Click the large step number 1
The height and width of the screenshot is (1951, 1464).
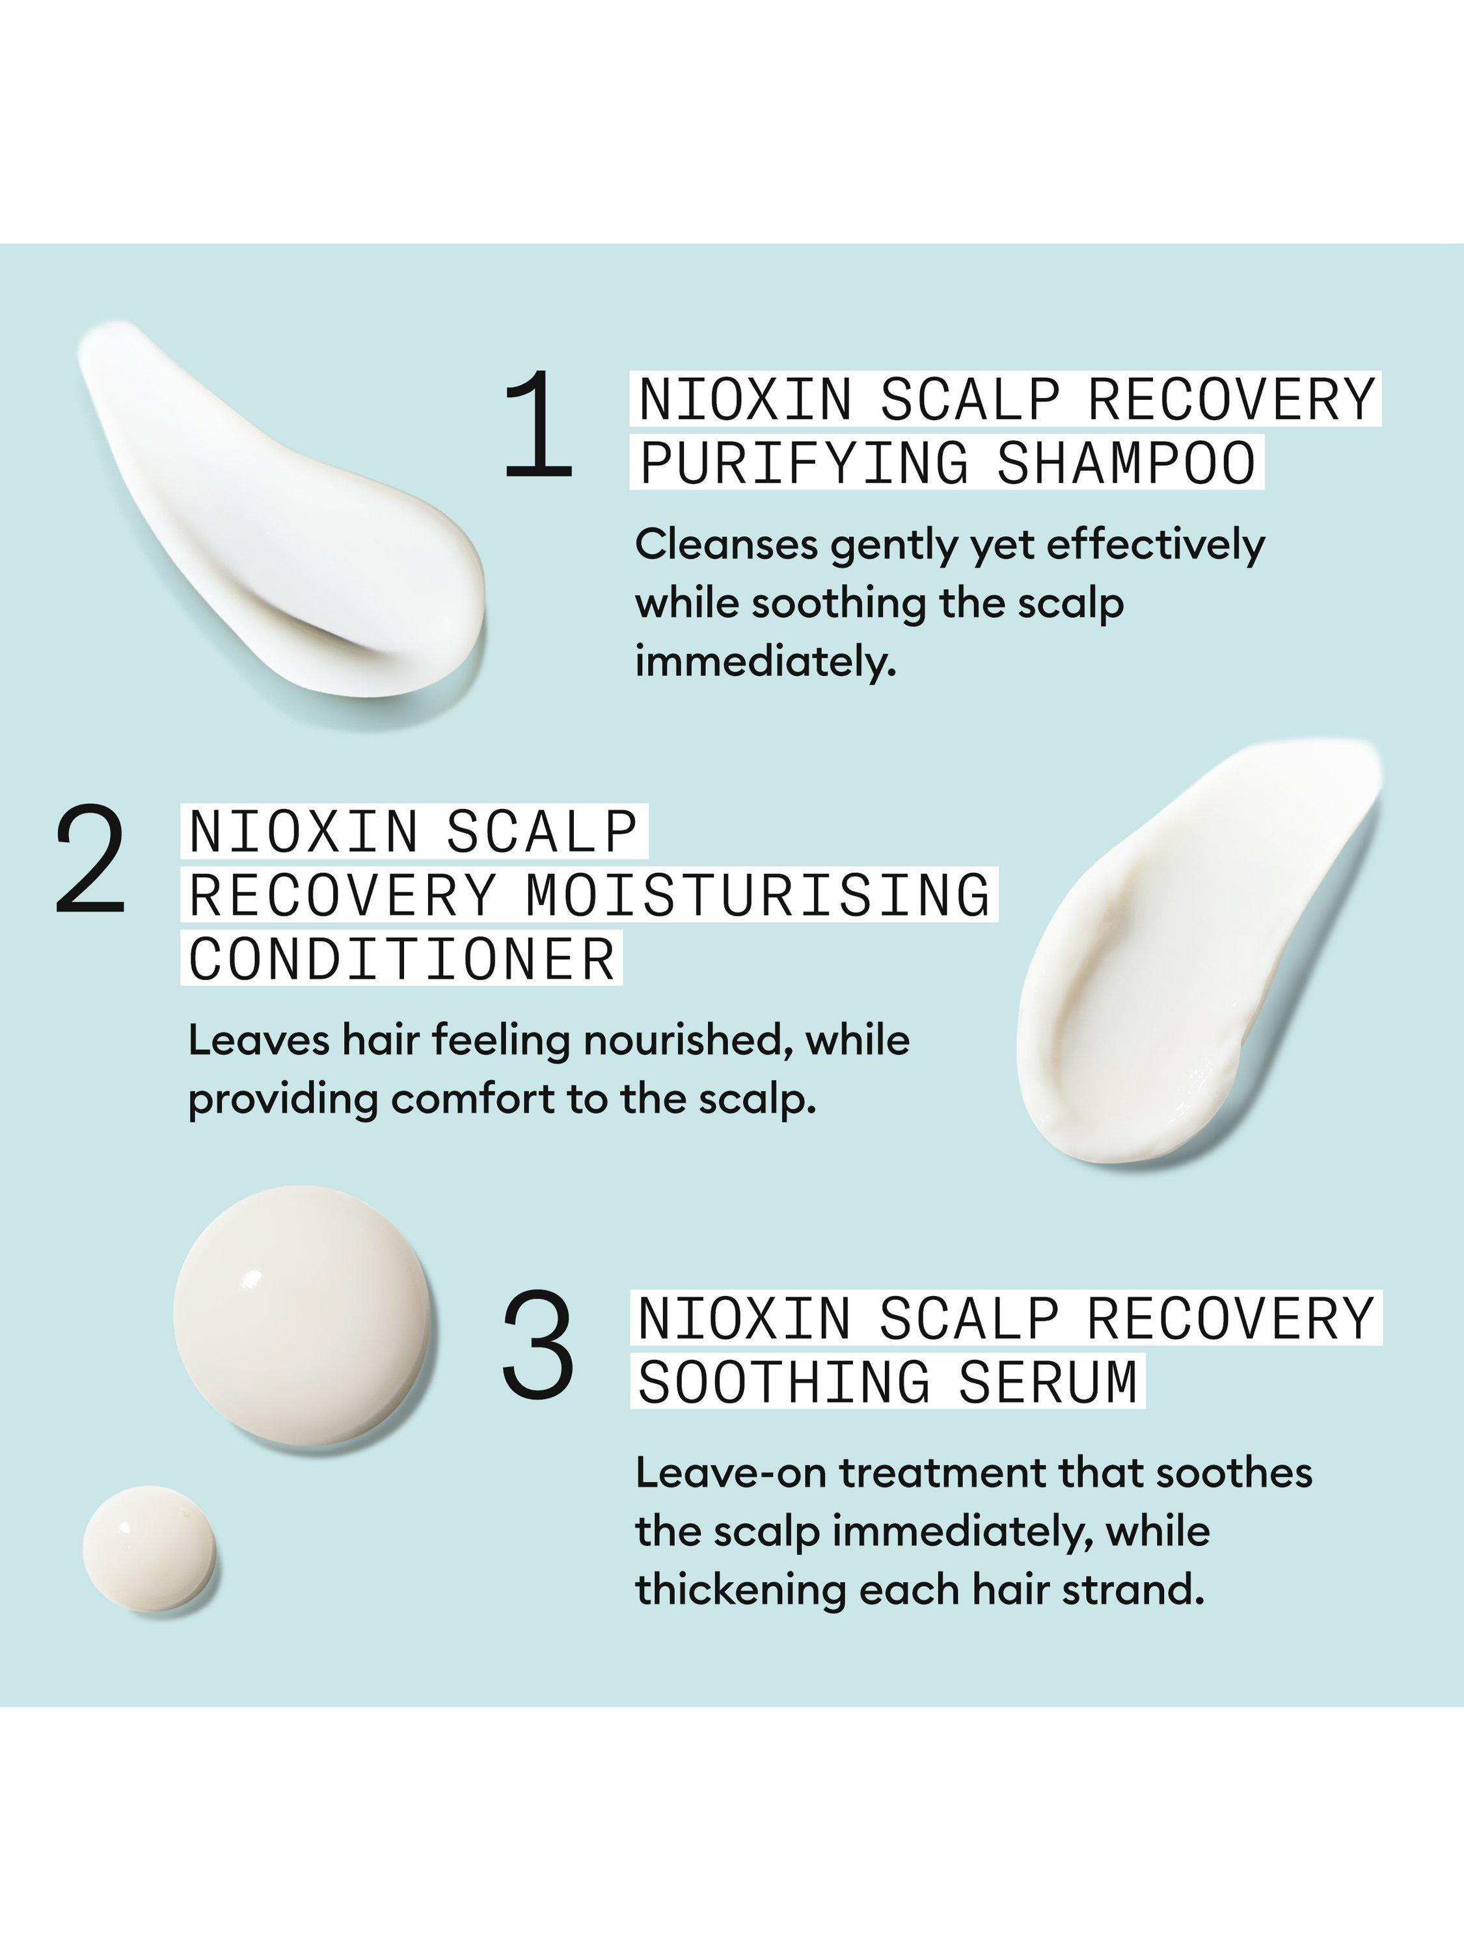click(x=539, y=425)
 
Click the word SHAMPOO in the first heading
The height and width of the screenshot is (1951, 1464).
click(x=1126, y=462)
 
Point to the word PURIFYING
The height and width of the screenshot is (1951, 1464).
click(x=803, y=462)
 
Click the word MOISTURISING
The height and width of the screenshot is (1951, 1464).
click(x=758, y=894)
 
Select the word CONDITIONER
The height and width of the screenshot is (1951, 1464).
click(x=401, y=959)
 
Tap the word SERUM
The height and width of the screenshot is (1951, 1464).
click(x=1048, y=1382)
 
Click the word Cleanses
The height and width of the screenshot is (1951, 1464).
click(x=726, y=545)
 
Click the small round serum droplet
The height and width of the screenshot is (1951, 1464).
click(x=149, y=1550)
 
